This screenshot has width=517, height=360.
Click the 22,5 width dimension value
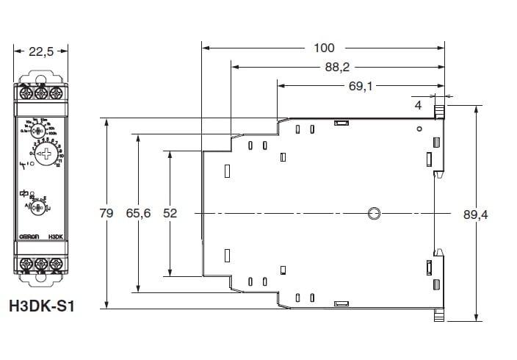[x=41, y=51]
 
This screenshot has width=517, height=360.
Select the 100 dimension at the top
[x=323, y=48]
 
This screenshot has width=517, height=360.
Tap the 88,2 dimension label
[x=336, y=68]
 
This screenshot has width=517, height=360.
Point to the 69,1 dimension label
[x=361, y=87]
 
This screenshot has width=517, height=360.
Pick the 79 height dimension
[x=106, y=213]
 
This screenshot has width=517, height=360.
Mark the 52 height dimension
[x=170, y=213]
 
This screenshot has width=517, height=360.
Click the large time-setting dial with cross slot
[x=46, y=154]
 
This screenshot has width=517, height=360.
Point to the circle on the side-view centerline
[x=374, y=214]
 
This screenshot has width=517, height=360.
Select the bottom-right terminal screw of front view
[x=56, y=262]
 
